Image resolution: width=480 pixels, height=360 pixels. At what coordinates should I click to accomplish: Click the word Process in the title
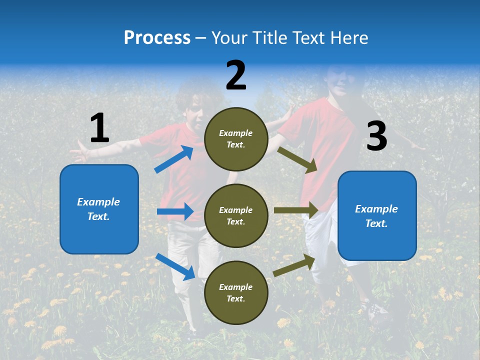pos(157,37)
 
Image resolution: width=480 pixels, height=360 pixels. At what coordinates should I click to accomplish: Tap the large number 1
pos(99,128)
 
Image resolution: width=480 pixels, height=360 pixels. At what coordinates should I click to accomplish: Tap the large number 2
pos(236,75)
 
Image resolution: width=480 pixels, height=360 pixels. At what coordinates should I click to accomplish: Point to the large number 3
pos(376,136)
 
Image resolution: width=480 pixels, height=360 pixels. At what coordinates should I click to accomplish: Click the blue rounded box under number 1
pos(99,209)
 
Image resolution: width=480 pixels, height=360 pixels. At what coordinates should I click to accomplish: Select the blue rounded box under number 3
pos(377,215)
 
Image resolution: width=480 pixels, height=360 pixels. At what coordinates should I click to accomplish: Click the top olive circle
pos(236,139)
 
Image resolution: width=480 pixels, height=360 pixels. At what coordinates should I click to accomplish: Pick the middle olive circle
pos(236,215)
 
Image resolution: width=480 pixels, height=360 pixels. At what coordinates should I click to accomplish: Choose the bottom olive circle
pos(236,292)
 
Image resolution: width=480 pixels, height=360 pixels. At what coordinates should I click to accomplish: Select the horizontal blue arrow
pos(175,211)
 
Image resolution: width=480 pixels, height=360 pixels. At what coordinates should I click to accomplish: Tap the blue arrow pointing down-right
pos(175,266)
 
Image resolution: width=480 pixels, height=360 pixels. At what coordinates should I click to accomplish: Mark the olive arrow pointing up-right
pos(294,265)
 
